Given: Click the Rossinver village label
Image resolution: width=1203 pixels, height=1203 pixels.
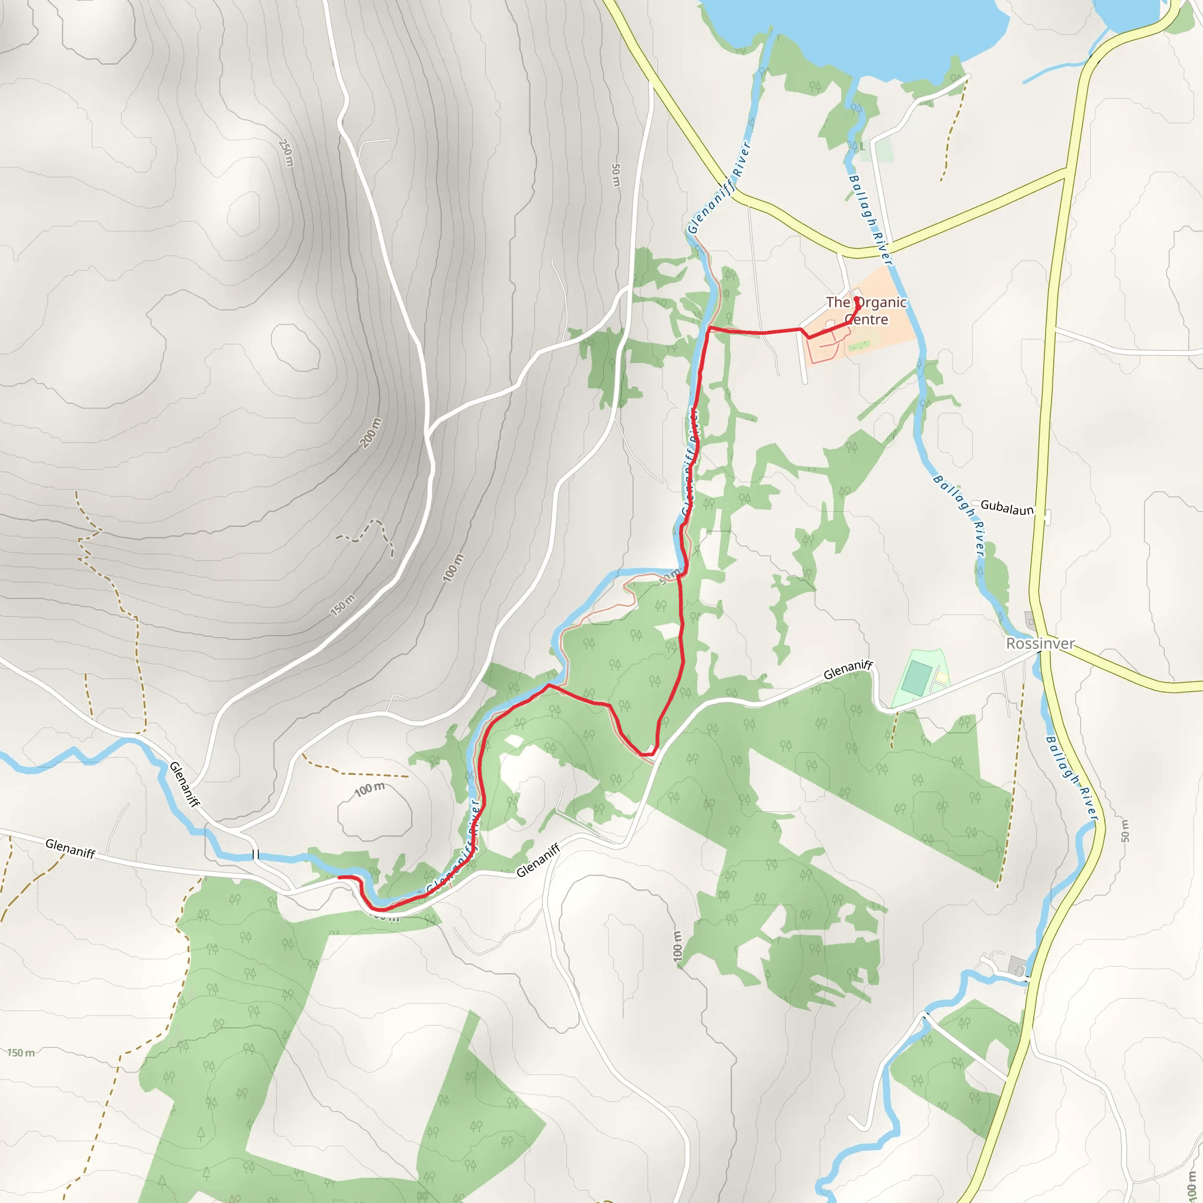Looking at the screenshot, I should [x=1040, y=644].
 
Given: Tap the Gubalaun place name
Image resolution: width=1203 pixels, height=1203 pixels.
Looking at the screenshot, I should [x=1007, y=508].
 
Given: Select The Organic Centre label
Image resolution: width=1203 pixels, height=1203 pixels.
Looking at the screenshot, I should [x=866, y=311].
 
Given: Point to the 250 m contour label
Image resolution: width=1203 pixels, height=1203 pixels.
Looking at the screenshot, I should [x=286, y=153].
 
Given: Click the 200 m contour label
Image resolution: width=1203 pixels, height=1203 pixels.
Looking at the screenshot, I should [x=370, y=433].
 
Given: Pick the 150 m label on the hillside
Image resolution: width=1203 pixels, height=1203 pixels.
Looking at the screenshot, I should [x=342, y=604].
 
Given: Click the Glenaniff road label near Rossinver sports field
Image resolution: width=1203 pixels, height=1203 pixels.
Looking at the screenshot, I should [x=848, y=670].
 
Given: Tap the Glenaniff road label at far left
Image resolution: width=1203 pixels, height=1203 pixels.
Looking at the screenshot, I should [x=70, y=848].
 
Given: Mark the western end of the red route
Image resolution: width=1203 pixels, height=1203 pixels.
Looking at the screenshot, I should [x=340, y=878].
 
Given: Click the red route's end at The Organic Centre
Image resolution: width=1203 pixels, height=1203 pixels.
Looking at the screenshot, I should [x=858, y=300].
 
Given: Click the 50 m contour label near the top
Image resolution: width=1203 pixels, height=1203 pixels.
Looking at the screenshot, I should [x=615, y=175].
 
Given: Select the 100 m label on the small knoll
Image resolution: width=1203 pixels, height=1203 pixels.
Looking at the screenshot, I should [x=369, y=789].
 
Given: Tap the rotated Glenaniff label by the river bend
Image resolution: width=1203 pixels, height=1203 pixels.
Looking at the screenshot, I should [x=185, y=785].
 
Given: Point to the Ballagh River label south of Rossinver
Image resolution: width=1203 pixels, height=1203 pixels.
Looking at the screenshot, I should [x=1070, y=776].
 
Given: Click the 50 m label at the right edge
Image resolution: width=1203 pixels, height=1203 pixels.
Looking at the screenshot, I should [x=1124, y=831].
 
